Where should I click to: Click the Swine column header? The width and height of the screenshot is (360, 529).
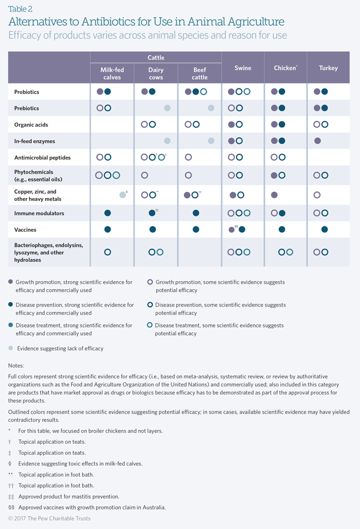click(x=243, y=68)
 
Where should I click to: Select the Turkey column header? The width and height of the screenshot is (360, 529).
click(x=328, y=68)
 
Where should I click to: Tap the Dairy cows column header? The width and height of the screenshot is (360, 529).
click(x=156, y=74)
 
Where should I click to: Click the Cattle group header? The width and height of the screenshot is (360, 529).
click(x=156, y=58)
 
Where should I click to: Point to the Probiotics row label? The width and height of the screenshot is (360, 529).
click(x=27, y=92)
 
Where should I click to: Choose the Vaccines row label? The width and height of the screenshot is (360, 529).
click(x=25, y=230)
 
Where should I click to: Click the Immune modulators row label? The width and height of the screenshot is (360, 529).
click(x=39, y=213)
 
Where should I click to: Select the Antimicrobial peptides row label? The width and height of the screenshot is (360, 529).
click(x=43, y=158)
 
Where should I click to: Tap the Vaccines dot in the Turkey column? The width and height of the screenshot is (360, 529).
click(x=325, y=230)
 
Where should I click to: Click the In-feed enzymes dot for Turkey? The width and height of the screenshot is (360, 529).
click(x=317, y=141)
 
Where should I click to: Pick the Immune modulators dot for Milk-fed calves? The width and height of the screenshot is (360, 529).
click(x=107, y=213)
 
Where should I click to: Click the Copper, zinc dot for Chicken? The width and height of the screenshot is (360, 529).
click(x=274, y=195)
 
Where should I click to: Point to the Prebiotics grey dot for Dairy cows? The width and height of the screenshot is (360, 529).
click(x=167, y=108)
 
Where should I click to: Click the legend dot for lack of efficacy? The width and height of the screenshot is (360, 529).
click(x=11, y=348)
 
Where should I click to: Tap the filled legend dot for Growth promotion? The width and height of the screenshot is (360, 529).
click(x=11, y=282)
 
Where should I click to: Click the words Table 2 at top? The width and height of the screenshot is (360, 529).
click(x=20, y=9)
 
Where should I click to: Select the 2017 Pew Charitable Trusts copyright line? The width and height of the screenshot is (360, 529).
click(x=49, y=518)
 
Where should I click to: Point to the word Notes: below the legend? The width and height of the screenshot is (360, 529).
click(x=16, y=365)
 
